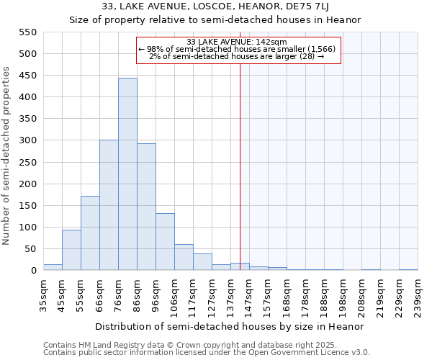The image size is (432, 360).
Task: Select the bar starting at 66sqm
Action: pos(109,205)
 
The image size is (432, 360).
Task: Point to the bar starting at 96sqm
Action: pos(165,242)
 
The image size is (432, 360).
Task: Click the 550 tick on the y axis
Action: pos(27,32)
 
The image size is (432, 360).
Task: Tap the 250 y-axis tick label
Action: pos(27,162)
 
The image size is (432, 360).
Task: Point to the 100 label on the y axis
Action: pos(27,228)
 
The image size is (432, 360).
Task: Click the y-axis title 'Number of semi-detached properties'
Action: pos(6,155)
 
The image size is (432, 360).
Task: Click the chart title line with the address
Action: pos(215,7)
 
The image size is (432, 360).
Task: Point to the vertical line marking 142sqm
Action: pos(240,180)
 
